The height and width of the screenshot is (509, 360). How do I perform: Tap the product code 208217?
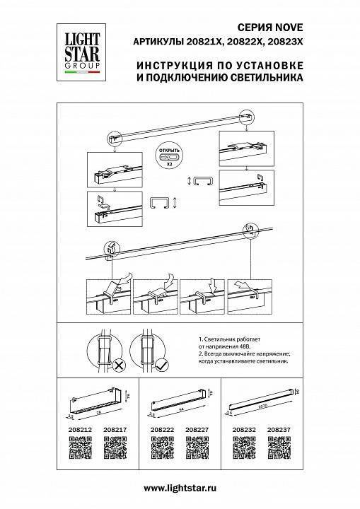(115, 428)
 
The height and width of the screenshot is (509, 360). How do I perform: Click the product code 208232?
(243, 428)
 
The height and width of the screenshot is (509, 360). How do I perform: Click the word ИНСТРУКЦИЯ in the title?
(167, 64)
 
